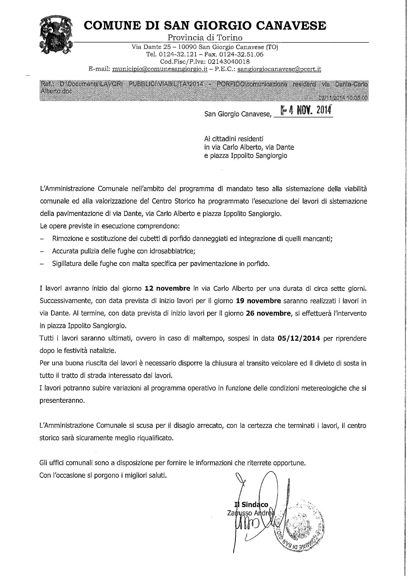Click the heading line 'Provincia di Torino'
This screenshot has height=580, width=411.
click(205, 38)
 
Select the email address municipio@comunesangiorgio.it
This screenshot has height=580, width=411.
click(160, 69)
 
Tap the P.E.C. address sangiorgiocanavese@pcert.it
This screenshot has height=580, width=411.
click(279, 69)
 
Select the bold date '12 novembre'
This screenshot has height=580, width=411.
click(168, 288)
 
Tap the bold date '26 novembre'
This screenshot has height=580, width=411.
click(268, 313)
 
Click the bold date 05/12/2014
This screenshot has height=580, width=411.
click(299, 338)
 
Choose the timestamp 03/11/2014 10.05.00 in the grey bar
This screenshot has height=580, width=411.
click(343, 99)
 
